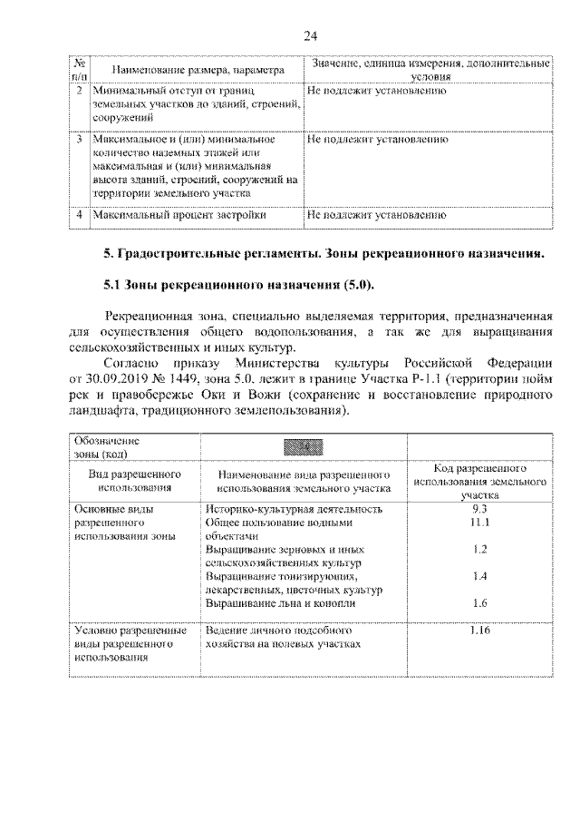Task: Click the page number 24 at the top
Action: [309, 35]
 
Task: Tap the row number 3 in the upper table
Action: [80, 141]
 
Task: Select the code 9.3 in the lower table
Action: [480, 509]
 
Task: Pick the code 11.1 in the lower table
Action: [480, 523]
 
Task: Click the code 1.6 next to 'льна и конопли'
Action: [480, 602]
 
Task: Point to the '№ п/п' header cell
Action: [80, 70]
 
